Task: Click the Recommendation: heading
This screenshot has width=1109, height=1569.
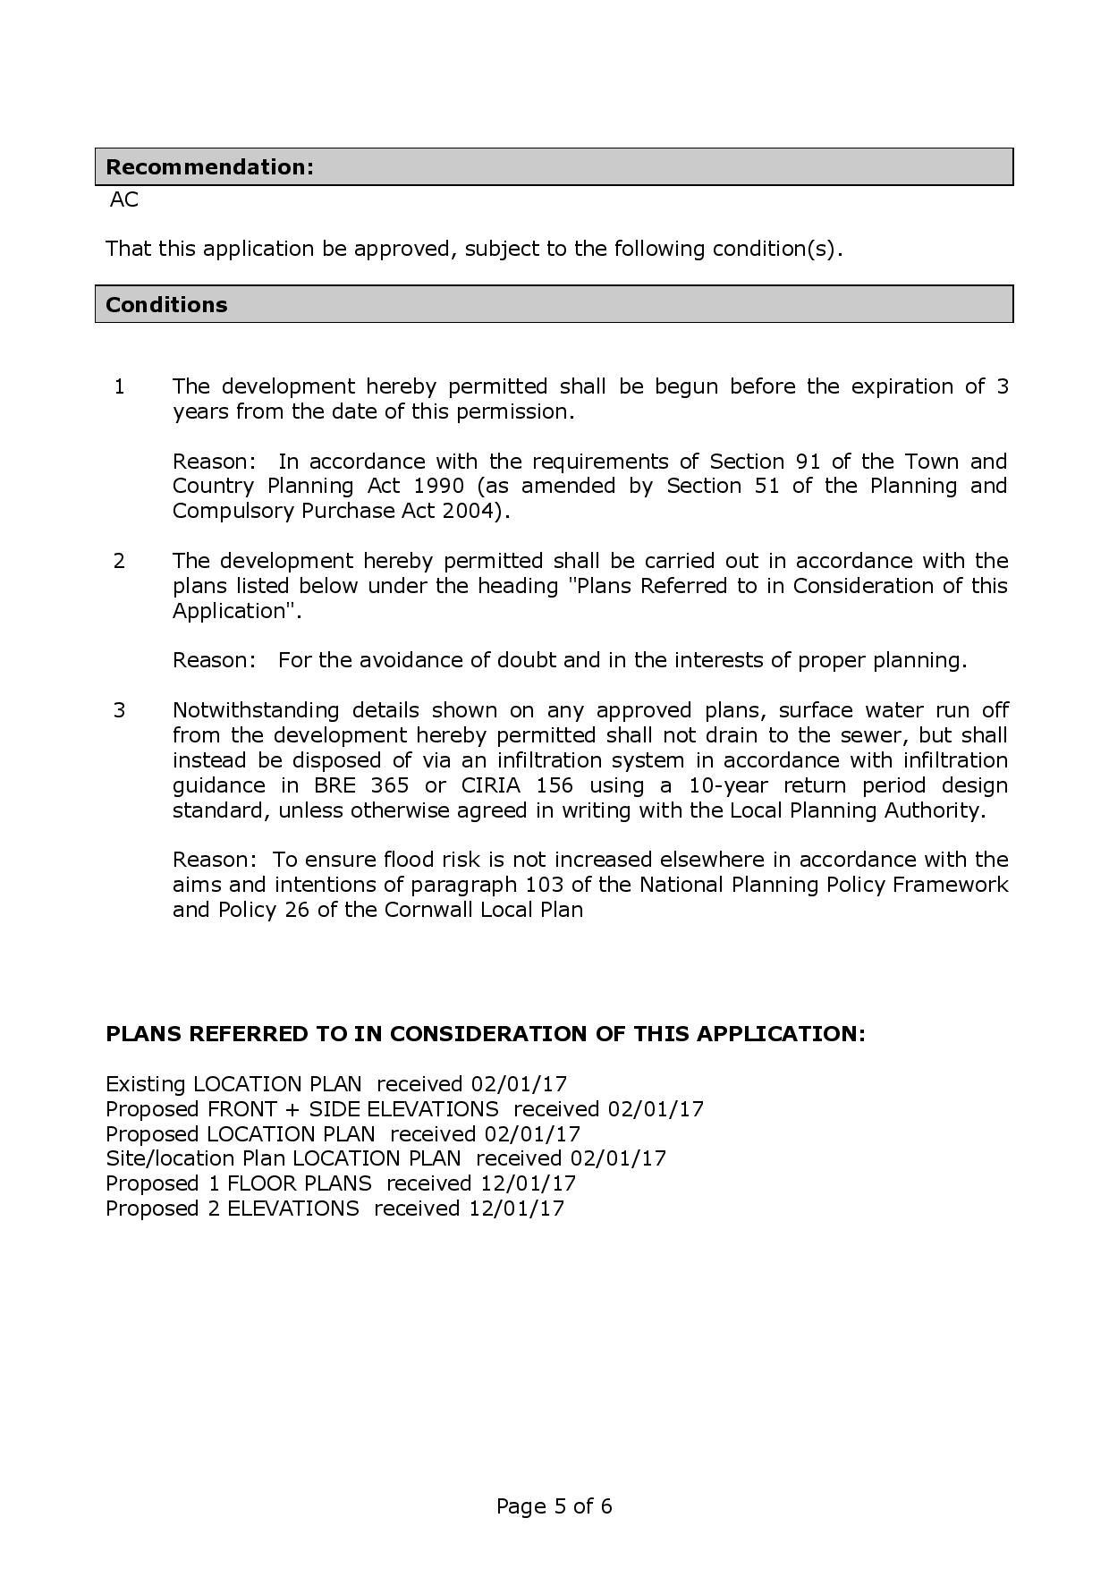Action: click(209, 167)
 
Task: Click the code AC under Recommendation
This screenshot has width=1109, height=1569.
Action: click(124, 200)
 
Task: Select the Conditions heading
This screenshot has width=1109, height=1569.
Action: click(166, 305)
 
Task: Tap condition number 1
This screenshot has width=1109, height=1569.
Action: click(120, 386)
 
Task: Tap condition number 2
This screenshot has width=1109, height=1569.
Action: click(120, 561)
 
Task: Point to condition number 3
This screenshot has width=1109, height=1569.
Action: click(120, 710)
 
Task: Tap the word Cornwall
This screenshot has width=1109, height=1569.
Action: click(429, 910)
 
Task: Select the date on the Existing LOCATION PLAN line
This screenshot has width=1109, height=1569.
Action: click(520, 1084)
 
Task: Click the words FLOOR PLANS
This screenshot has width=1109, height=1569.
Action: click(300, 1183)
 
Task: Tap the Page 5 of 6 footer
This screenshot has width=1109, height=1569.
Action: click(554, 1506)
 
